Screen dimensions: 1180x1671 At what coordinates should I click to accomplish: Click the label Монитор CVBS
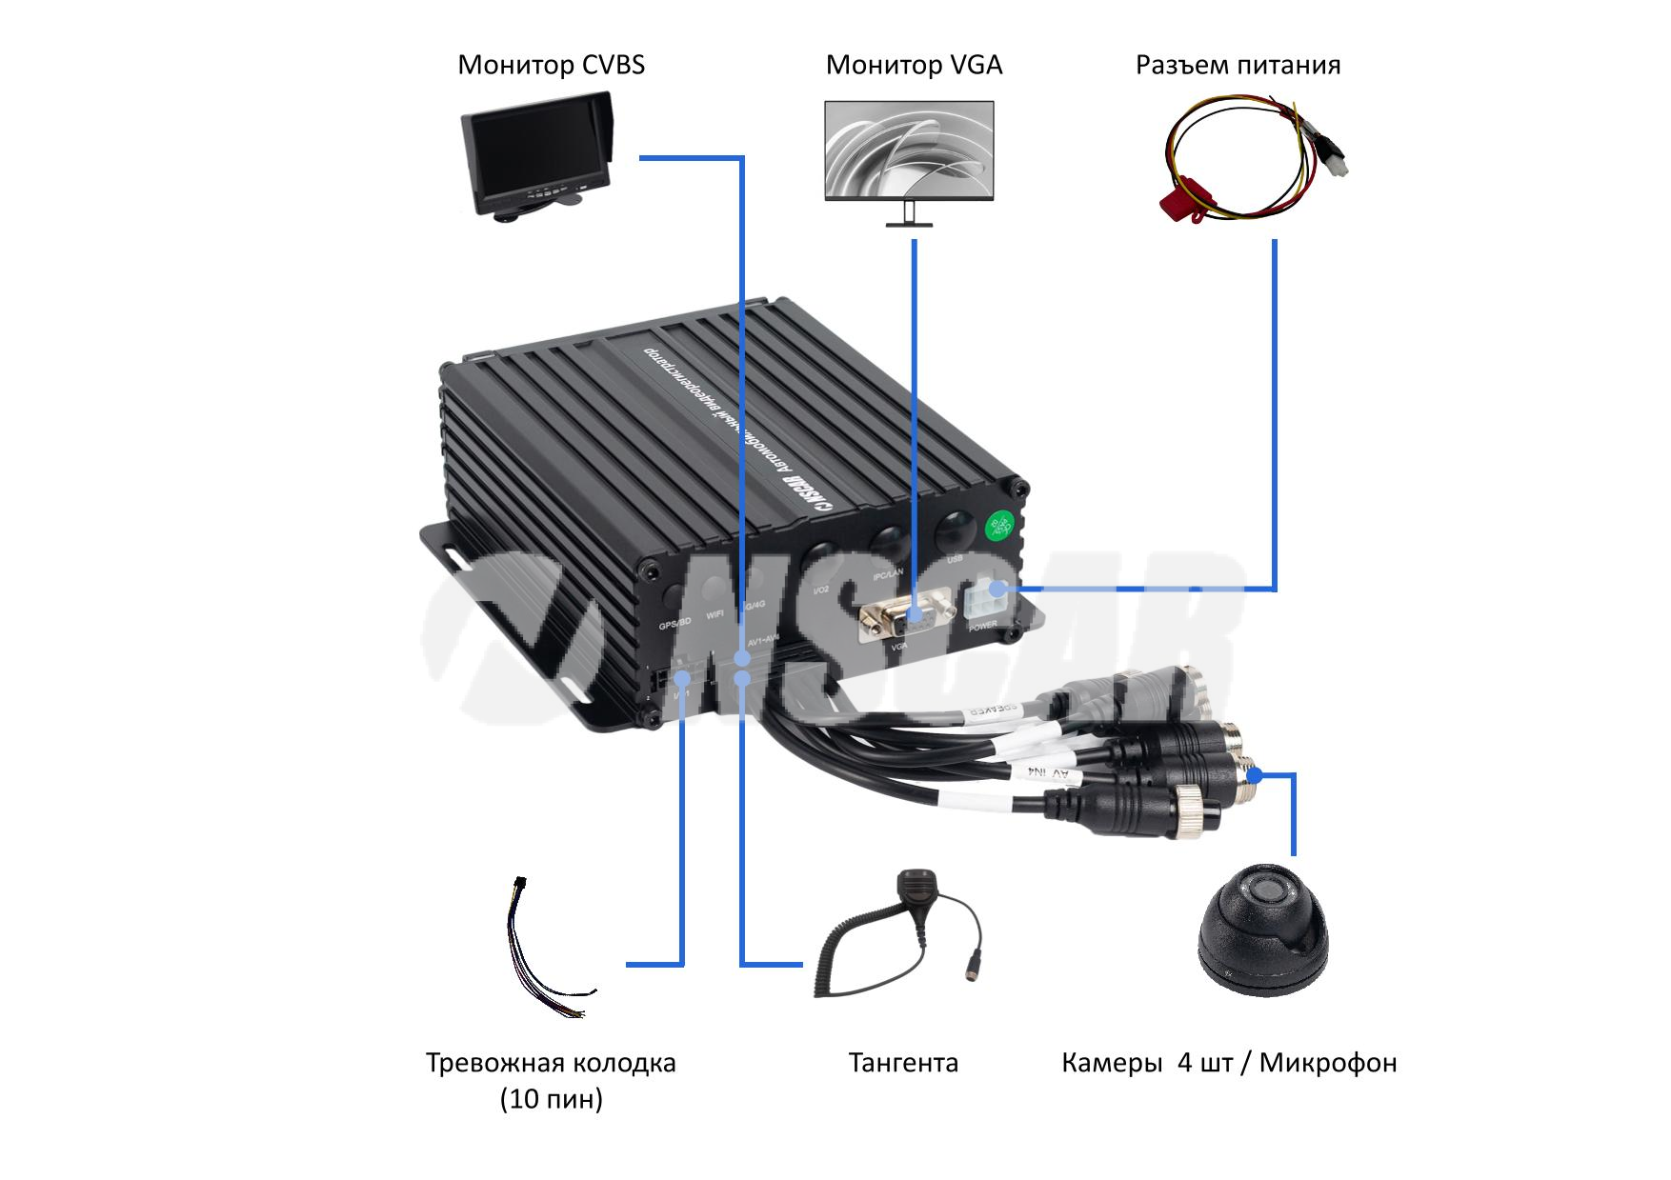(551, 65)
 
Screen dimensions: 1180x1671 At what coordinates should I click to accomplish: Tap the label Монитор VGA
(914, 65)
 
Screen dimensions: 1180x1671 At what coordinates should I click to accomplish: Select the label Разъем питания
(1238, 65)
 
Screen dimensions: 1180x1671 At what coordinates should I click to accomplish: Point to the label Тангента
(903, 1062)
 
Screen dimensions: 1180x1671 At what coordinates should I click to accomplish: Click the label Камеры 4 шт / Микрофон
(1229, 1062)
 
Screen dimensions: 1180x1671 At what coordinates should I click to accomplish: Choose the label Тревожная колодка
(551, 1063)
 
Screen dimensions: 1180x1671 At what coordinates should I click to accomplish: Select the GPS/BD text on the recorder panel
(674, 626)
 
